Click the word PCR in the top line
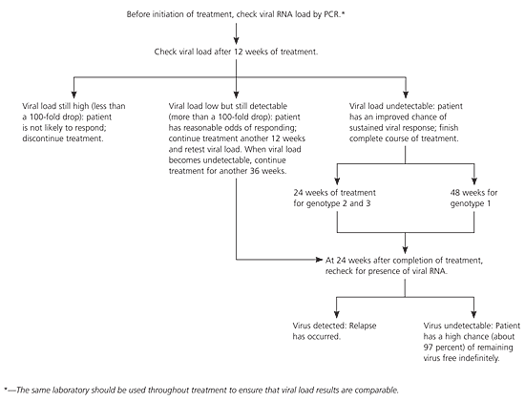tap(331, 14)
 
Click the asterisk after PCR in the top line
tap(343, 13)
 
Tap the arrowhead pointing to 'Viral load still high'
tap(74, 95)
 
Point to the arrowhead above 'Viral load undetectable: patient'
tap(406, 95)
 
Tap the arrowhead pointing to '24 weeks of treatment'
tap(337, 180)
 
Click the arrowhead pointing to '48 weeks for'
tap(474, 180)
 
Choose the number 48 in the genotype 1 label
tap(455, 193)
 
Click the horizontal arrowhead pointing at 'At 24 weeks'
tap(319, 260)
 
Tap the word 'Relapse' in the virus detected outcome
tap(363, 326)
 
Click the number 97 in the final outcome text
tap(428, 348)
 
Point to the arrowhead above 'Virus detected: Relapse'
tap(337, 314)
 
